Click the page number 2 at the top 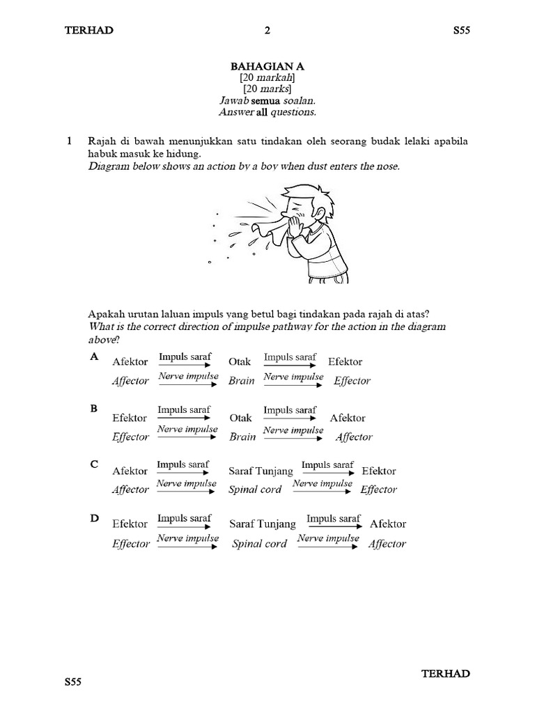click(267, 30)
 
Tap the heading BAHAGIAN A click(267, 66)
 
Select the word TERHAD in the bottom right click(446, 673)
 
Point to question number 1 click(69, 141)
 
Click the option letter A click(94, 356)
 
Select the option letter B click(94, 409)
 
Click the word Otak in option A click(240, 362)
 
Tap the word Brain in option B click(242, 437)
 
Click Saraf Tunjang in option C click(261, 471)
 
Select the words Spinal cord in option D click(259, 544)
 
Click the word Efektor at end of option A click(345, 362)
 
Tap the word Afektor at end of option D click(388, 524)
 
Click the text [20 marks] click(267, 89)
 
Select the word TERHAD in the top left click(88, 30)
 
